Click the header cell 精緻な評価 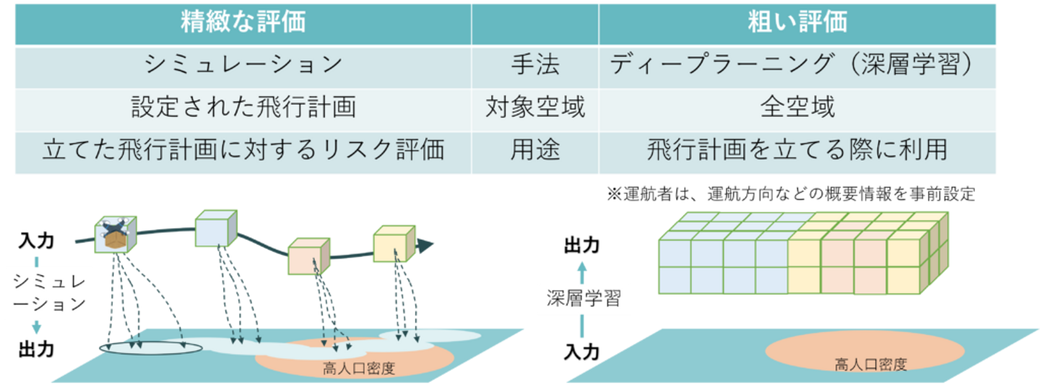pyautogui.click(x=243, y=22)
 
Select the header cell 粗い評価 pyautogui.click(x=797, y=22)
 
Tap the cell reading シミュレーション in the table pyautogui.click(x=243, y=66)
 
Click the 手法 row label pyautogui.click(x=535, y=66)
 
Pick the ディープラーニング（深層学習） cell pyautogui.click(x=797, y=66)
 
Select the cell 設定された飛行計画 pyautogui.click(x=243, y=108)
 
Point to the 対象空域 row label pyautogui.click(x=535, y=108)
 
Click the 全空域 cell pyautogui.click(x=797, y=108)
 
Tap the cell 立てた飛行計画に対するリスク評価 pyautogui.click(x=243, y=151)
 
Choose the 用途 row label pyautogui.click(x=535, y=151)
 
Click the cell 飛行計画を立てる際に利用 pyautogui.click(x=797, y=151)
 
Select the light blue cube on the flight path pyautogui.click(x=215, y=230)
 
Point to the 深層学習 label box pyautogui.click(x=584, y=298)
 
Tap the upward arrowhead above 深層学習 pyautogui.click(x=584, y=268)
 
